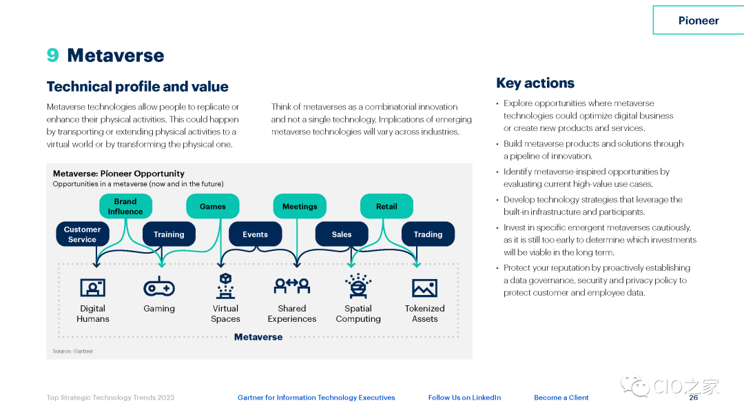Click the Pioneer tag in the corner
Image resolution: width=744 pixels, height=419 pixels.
point(698,20)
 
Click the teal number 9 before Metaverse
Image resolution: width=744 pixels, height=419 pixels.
point(53,55)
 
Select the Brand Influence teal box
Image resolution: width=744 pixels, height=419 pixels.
point(125,207)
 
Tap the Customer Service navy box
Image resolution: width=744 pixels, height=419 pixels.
point(82,234)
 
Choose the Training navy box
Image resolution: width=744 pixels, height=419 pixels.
point(169,234)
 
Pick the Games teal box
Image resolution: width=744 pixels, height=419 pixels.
point(212,207)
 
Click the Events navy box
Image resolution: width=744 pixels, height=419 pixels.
point(255,234)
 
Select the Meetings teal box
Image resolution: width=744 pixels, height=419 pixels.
point(300,207)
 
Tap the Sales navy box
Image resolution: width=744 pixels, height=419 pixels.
point(342,234)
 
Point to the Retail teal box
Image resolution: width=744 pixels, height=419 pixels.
point(386,207)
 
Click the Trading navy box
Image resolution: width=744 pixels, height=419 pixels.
point(428,234)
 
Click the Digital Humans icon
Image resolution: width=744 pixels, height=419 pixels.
point(92,287)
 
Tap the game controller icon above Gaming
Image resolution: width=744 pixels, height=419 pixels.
point(159,287)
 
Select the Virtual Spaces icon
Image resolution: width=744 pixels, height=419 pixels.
point(225,285)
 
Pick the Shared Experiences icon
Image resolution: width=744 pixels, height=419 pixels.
point(292,285)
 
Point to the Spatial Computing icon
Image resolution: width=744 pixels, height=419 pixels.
point(358,286)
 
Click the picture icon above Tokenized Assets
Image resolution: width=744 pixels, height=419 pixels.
point(424,287)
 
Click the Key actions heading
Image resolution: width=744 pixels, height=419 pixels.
point(535,83)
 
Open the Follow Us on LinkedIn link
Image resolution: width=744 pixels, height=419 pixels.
point(464,398)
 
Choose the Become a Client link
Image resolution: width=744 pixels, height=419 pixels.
point(561,398)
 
